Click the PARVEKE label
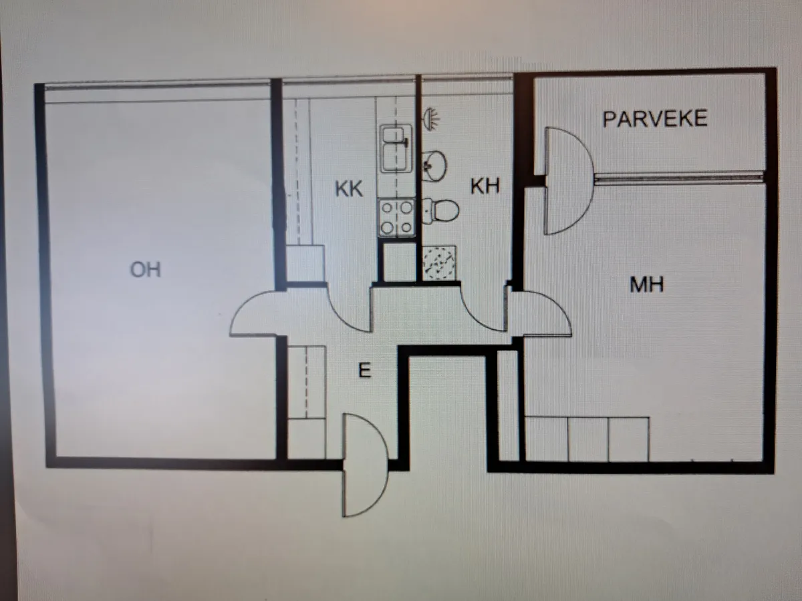tap(655, 119)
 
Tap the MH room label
tap(647, 284)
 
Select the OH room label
tap(146, 270)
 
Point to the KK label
tap(349, 189)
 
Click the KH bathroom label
tap(485, 186)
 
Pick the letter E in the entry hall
tap(365, 371)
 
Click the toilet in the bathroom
tap(440, 211)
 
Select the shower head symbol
tap(431, 118)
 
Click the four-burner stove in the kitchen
tap(397, 218)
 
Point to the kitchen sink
tap(396, 148)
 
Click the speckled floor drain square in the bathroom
tap(439, 262)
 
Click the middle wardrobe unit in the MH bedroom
tap(588, 439)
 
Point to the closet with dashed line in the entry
tap(307, 382)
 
